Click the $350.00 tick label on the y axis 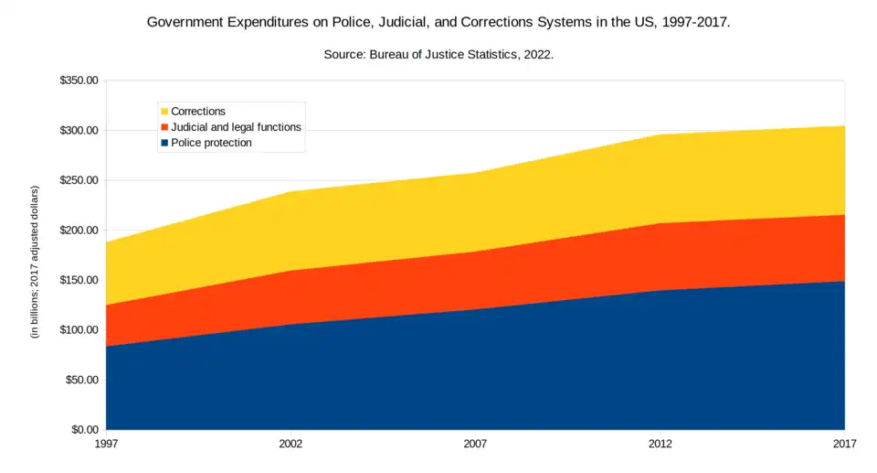coord(79,81)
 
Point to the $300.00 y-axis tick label coord(79,131)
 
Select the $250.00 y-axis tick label coord(79,180)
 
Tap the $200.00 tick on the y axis coord(79,231)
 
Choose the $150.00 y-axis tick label coord(79,280)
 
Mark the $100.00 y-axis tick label coord(79,330)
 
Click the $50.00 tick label coord(82,380)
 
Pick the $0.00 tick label coord(85,430)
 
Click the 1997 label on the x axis coord(106,444)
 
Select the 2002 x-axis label coord(291,444)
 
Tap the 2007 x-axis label coord(475,444)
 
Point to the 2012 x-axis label coord(660,444)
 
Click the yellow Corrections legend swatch coord(164,112)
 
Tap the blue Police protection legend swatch coord(164,143)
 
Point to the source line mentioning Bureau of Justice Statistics coord(438,55)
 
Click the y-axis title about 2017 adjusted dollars coord(35,262)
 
